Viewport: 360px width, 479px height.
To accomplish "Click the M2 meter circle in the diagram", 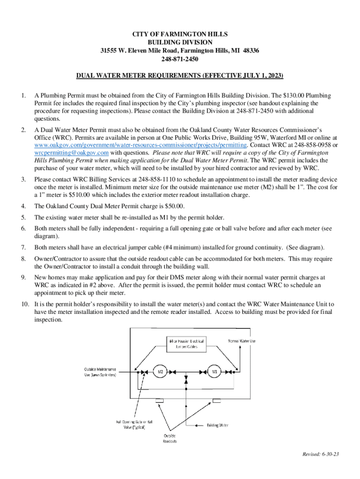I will click(160, 371).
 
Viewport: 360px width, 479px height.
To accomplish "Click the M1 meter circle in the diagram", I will click(215, 371).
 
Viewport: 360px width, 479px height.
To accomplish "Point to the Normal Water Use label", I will click(242, 341).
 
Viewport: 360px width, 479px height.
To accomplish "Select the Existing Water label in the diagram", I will click(217, 425).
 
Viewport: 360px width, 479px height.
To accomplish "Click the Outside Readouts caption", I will click(170, 438).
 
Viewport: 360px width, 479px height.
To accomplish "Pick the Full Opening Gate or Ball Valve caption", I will click(138, 424).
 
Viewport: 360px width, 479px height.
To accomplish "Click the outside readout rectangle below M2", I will click(159, 400).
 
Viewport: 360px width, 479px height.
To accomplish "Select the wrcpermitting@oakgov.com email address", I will click(72, 152).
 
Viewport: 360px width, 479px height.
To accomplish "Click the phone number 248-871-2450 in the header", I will click(180, 59).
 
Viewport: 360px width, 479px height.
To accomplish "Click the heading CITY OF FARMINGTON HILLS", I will click(180, 34).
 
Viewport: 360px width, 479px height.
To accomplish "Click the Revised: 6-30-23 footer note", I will click(320, 454).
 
